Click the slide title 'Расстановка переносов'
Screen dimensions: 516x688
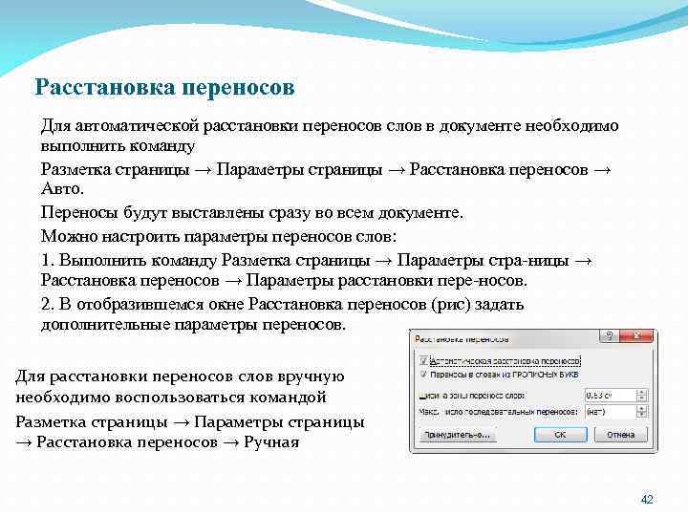(164, 88)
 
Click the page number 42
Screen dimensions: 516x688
(646, 500)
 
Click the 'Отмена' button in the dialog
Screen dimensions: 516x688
(620, 434)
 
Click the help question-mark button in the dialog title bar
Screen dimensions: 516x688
(607, 337)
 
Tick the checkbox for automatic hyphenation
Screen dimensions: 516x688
(422, 361)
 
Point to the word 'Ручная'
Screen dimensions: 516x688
(271, 442)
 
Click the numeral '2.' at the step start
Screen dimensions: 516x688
(49, 304)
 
